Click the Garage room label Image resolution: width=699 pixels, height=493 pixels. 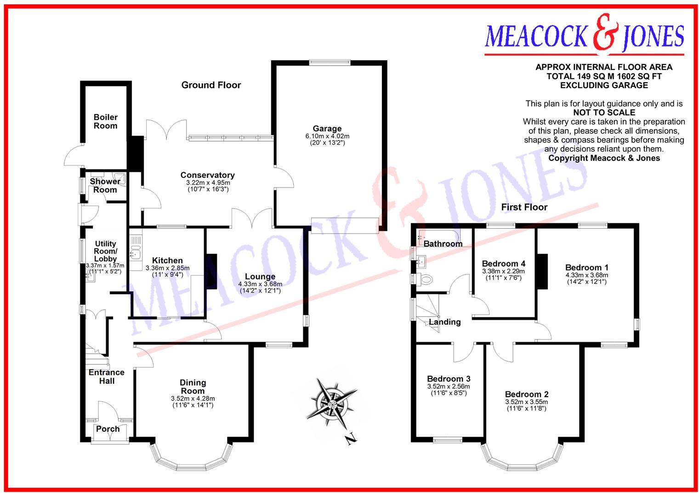327,129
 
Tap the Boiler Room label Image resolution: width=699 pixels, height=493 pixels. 105,121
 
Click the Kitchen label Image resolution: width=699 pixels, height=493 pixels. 167,261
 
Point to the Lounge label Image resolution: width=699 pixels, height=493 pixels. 260,277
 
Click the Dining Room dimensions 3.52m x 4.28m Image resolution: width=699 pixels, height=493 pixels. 192,398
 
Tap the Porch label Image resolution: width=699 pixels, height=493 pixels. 108,429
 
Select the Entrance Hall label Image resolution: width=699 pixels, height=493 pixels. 107,376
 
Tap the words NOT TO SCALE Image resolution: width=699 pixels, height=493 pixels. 604,113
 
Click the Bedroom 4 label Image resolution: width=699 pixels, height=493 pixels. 503,264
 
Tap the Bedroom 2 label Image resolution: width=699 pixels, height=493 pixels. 526,394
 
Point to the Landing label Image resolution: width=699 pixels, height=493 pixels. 444,322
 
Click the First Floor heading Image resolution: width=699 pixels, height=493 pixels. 524,207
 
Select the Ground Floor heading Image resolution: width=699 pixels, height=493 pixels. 211,85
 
